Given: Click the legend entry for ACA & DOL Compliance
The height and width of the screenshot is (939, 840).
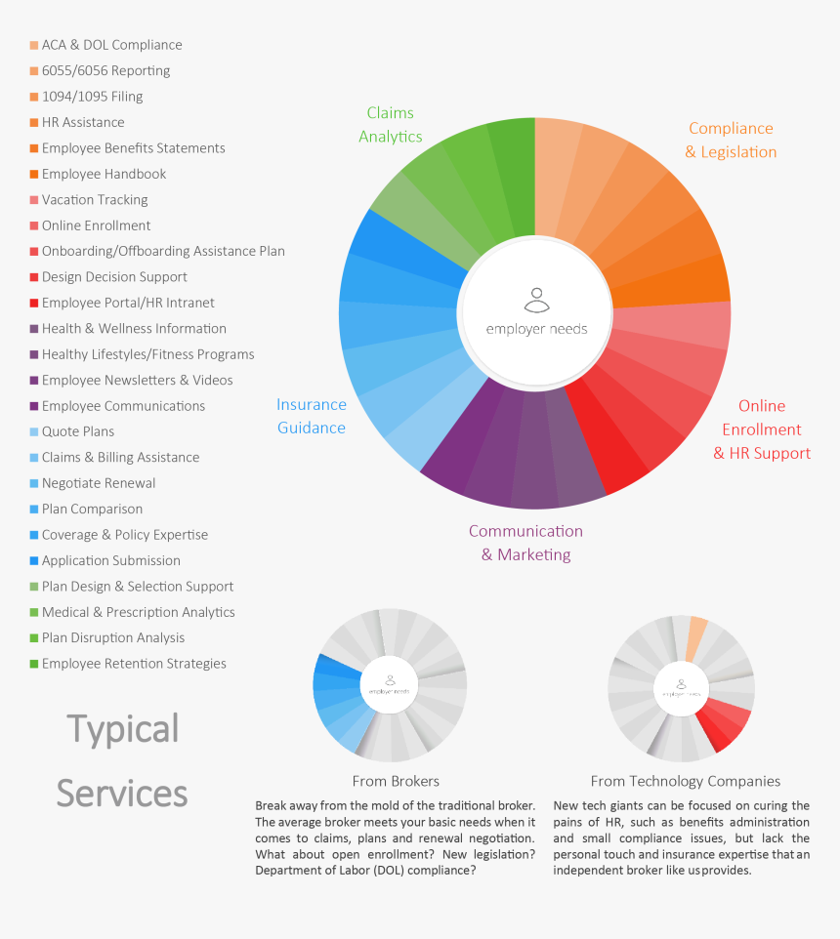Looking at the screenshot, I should click(x=111, y=45).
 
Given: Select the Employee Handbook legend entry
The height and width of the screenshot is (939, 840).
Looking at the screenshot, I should click(x=104, y=174).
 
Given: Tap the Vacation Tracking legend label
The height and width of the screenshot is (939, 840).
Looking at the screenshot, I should click(x=95, y=200).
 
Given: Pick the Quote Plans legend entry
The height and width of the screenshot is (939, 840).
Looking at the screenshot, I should click(x=78, y=431).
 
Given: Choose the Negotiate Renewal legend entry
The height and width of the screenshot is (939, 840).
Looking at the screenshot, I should click(x=99, y=483).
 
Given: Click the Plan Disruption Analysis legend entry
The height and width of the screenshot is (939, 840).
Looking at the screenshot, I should click(x=113, y=638).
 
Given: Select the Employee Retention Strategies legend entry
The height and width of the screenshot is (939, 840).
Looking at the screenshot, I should click(x=134, y=664).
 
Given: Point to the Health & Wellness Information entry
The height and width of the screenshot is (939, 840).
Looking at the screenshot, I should click(x=134, y=329).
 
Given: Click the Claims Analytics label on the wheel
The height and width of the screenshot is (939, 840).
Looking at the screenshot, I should click(x=390, y=125).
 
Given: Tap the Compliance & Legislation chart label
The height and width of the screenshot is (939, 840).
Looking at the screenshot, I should click(x=731, y=140).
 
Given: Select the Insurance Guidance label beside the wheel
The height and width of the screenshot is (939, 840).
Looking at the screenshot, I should click(x=312, y=416).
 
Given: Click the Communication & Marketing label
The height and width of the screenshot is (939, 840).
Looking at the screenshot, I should click(x=525, y=543).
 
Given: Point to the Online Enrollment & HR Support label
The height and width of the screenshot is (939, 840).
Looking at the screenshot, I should click(x=762, y=429).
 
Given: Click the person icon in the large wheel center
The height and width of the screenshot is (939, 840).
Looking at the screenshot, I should click(x=535, y=298).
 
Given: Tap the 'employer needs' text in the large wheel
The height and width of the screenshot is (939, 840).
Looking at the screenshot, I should click(x=537, y=329).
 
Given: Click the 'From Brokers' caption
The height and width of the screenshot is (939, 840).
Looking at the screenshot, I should click(x=396, y=781).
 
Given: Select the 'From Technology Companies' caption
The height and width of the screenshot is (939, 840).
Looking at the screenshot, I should click(x=686, y=781).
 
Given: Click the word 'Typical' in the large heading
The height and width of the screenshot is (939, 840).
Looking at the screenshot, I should click(x=123, y=730).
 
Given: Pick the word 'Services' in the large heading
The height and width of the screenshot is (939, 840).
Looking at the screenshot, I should click(x=122, y=793).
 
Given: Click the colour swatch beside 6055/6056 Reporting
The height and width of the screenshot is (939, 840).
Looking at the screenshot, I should click(x=34, y=71).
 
